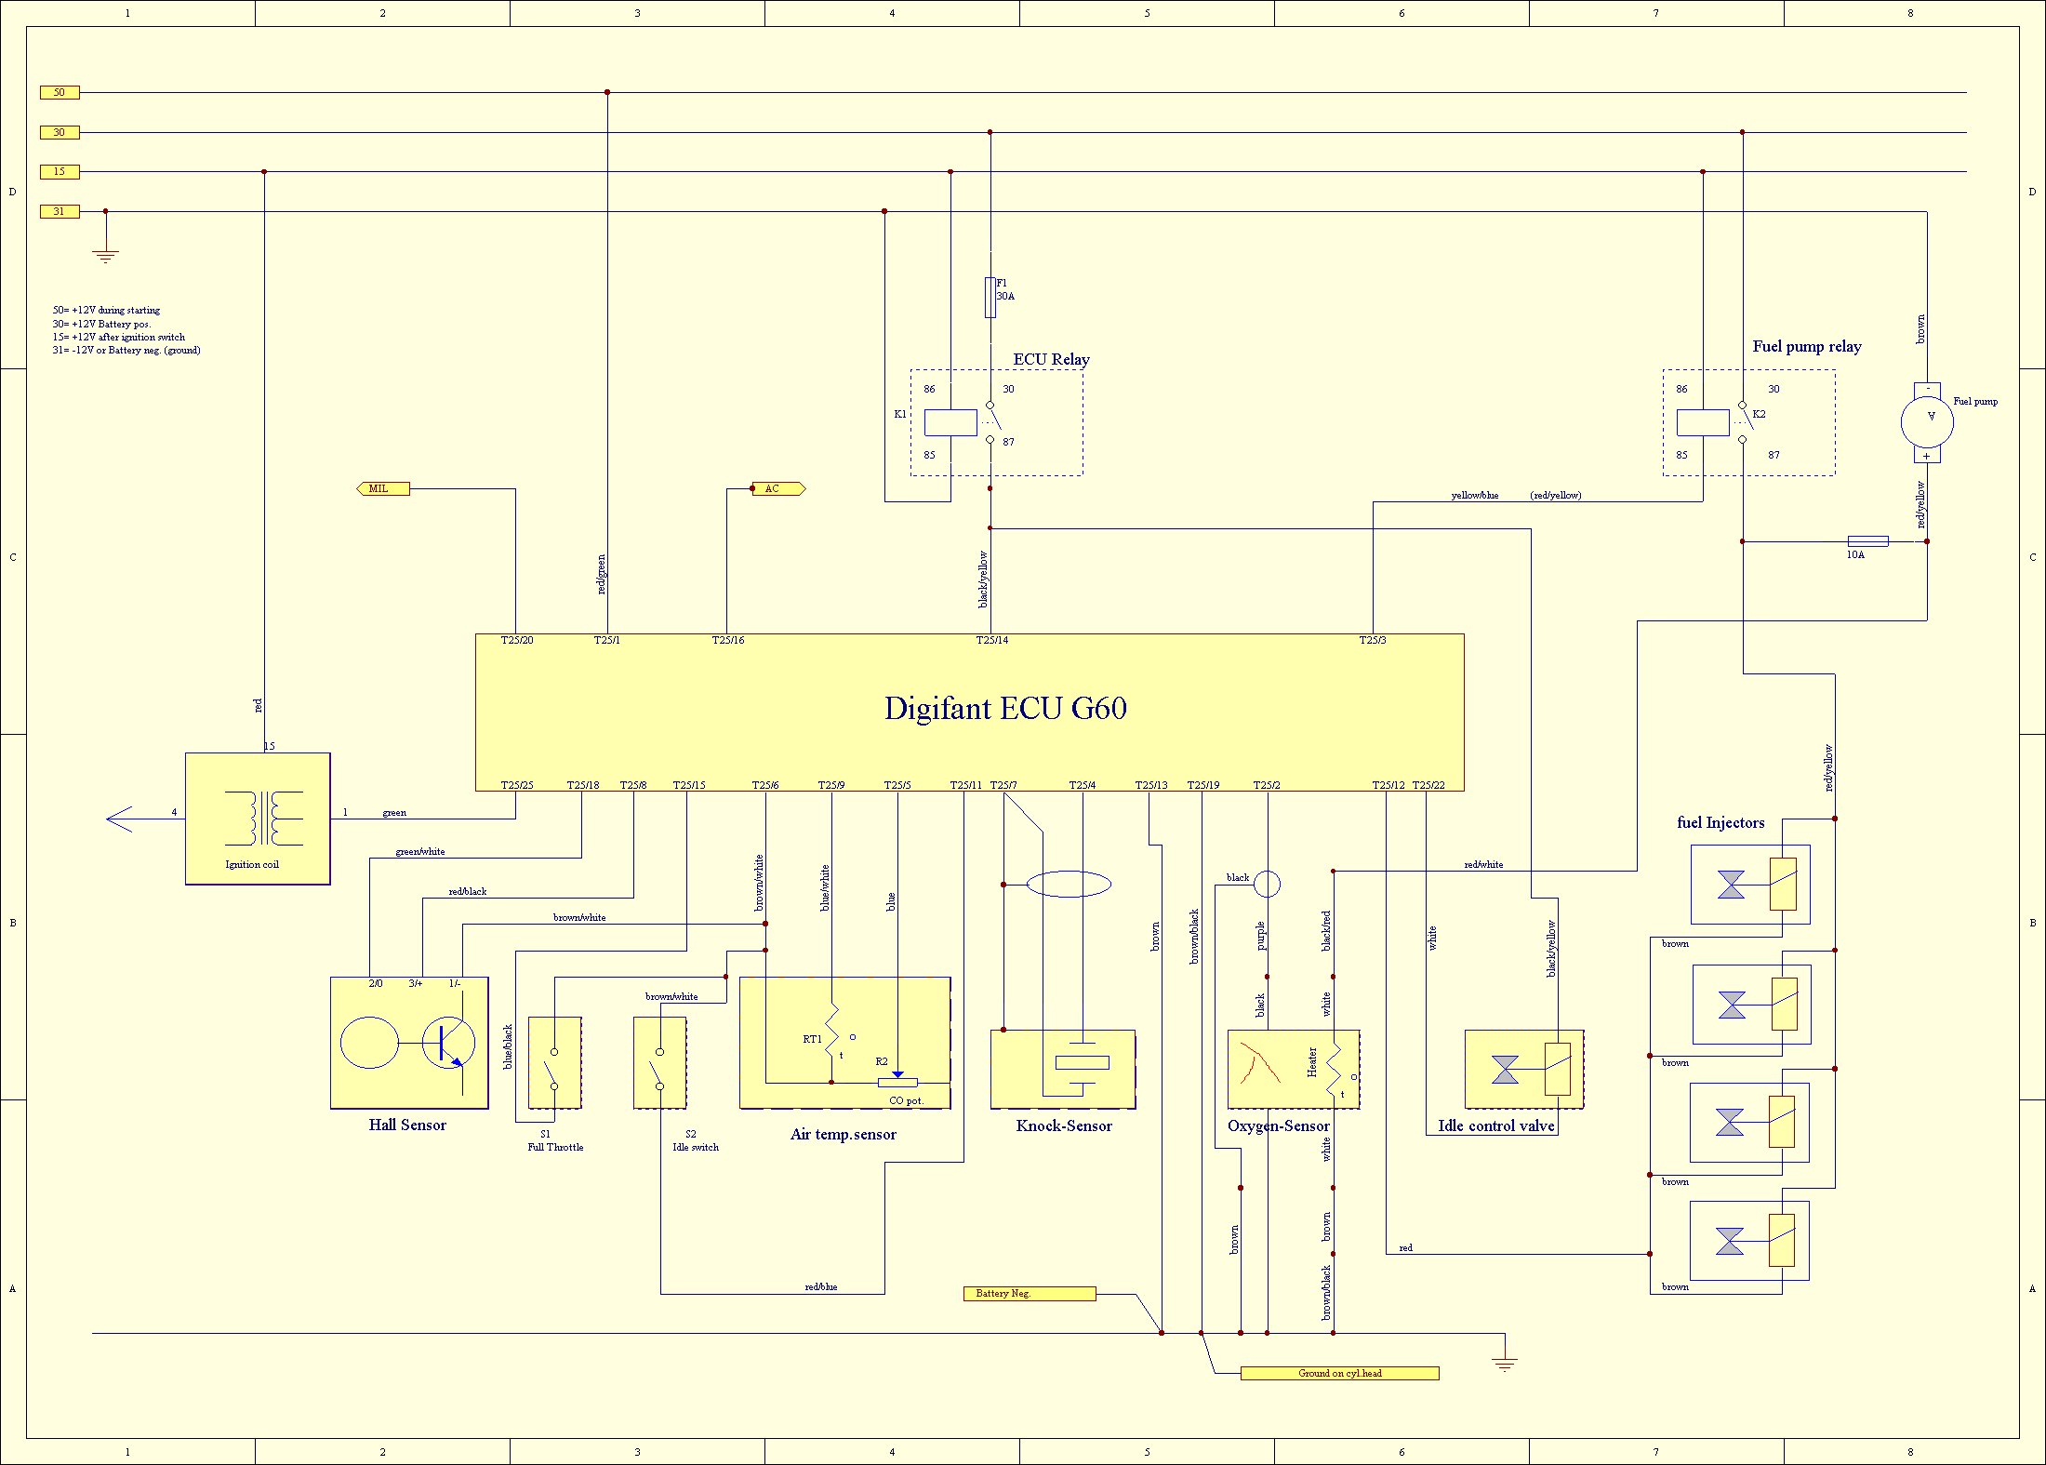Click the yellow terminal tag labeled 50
point(60,92)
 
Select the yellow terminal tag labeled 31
point(60,211)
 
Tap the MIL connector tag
point(382,488)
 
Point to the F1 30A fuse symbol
point(990,298)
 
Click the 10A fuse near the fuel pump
point(1867,540)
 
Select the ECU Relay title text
point(1051,359)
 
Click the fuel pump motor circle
point(1927,421)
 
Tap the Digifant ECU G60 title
point(1005,708)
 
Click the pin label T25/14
point(991,640)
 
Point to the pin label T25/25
point(517,785)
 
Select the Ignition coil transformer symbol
point(264,818)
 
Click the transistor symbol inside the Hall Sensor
point(448,1043)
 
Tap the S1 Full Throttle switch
point(555,1062)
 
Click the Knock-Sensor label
point(1064,1125)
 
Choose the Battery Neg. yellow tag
point(1029,1293)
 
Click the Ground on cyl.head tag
point(1339,1373)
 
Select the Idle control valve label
point(1495,1125)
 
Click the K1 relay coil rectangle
point(950,422)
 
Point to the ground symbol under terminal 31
point(106,255)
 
